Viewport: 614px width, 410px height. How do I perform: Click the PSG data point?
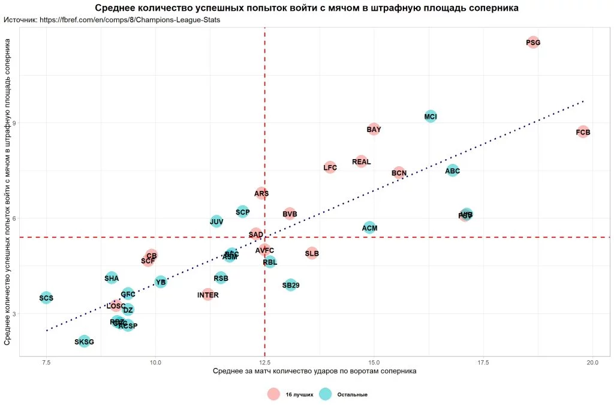tap(533, 43)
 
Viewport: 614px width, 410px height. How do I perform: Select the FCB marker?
tap(583, 132)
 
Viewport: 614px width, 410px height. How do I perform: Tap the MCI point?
tap(431, 116)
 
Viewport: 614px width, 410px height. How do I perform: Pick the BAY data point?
tap(374, 129)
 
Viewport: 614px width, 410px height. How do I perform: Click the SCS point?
tap(46, 298)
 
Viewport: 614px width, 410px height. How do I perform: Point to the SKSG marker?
tap(84, 342)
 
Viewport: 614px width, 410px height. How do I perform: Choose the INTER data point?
tap(207, 295)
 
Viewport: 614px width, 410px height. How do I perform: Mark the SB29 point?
tap(291, 285)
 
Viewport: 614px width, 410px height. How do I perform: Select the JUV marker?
tap(216, 222)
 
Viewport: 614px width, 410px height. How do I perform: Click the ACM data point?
tap(370, 228)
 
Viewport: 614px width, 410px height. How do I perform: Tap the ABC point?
tap(453, 170)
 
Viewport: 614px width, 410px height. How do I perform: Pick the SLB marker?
tap(312, 253)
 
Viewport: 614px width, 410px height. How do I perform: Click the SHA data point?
tap(112, 278)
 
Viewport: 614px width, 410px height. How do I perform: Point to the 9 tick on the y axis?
tap(14, 123)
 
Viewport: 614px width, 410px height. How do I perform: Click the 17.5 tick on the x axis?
tap(483, 363)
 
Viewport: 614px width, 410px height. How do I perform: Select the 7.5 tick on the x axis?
tap(46, 363)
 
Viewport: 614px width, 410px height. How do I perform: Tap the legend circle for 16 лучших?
tap(273, 394)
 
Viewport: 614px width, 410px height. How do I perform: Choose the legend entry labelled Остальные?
tap(352, 394)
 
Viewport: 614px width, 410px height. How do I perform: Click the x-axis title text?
tap(314, 372)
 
